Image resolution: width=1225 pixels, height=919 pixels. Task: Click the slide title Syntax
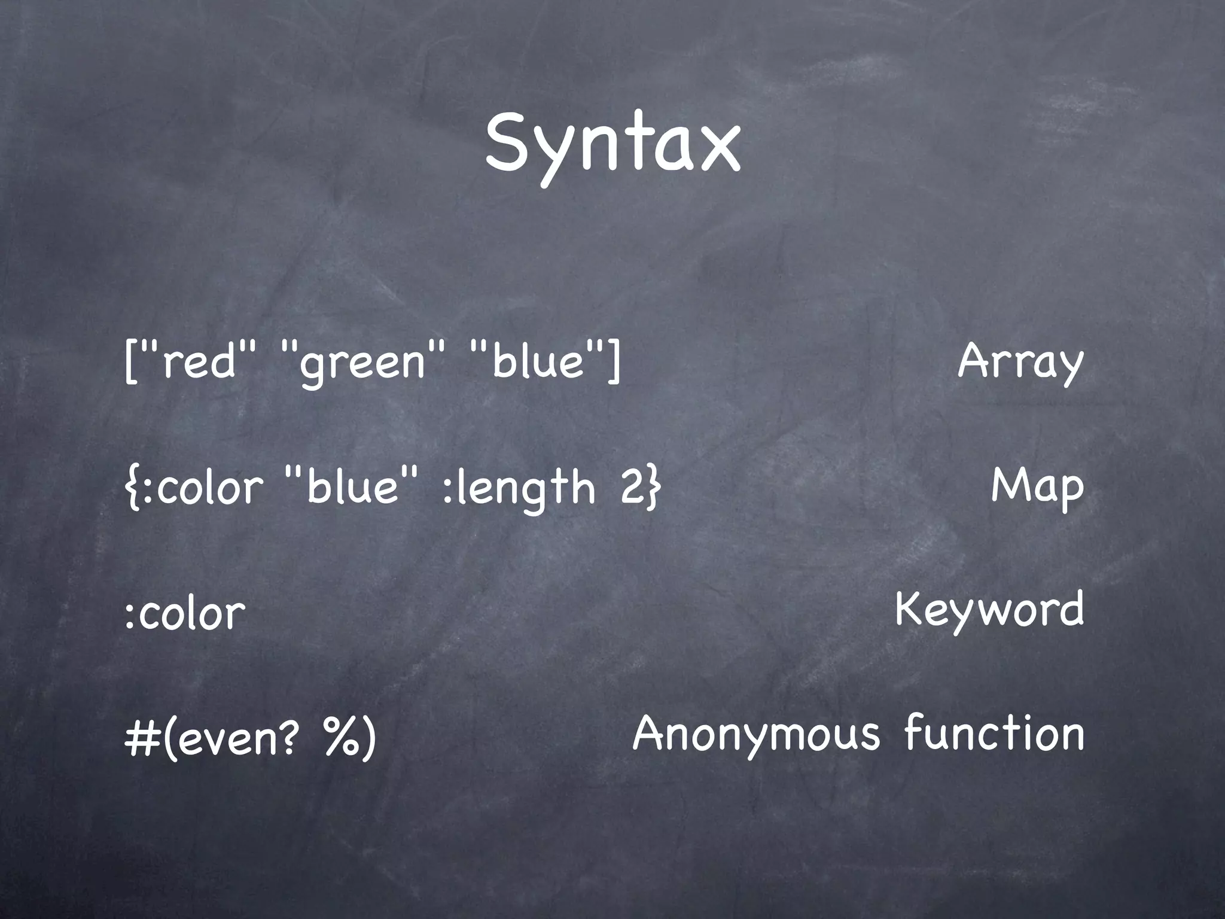(612, 147)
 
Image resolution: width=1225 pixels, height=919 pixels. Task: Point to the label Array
(1020, 363)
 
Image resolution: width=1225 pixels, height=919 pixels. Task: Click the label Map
(1037, 486)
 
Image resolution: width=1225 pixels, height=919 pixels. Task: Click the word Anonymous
(756, 735)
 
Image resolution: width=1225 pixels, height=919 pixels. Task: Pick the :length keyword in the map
(519, 488)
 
